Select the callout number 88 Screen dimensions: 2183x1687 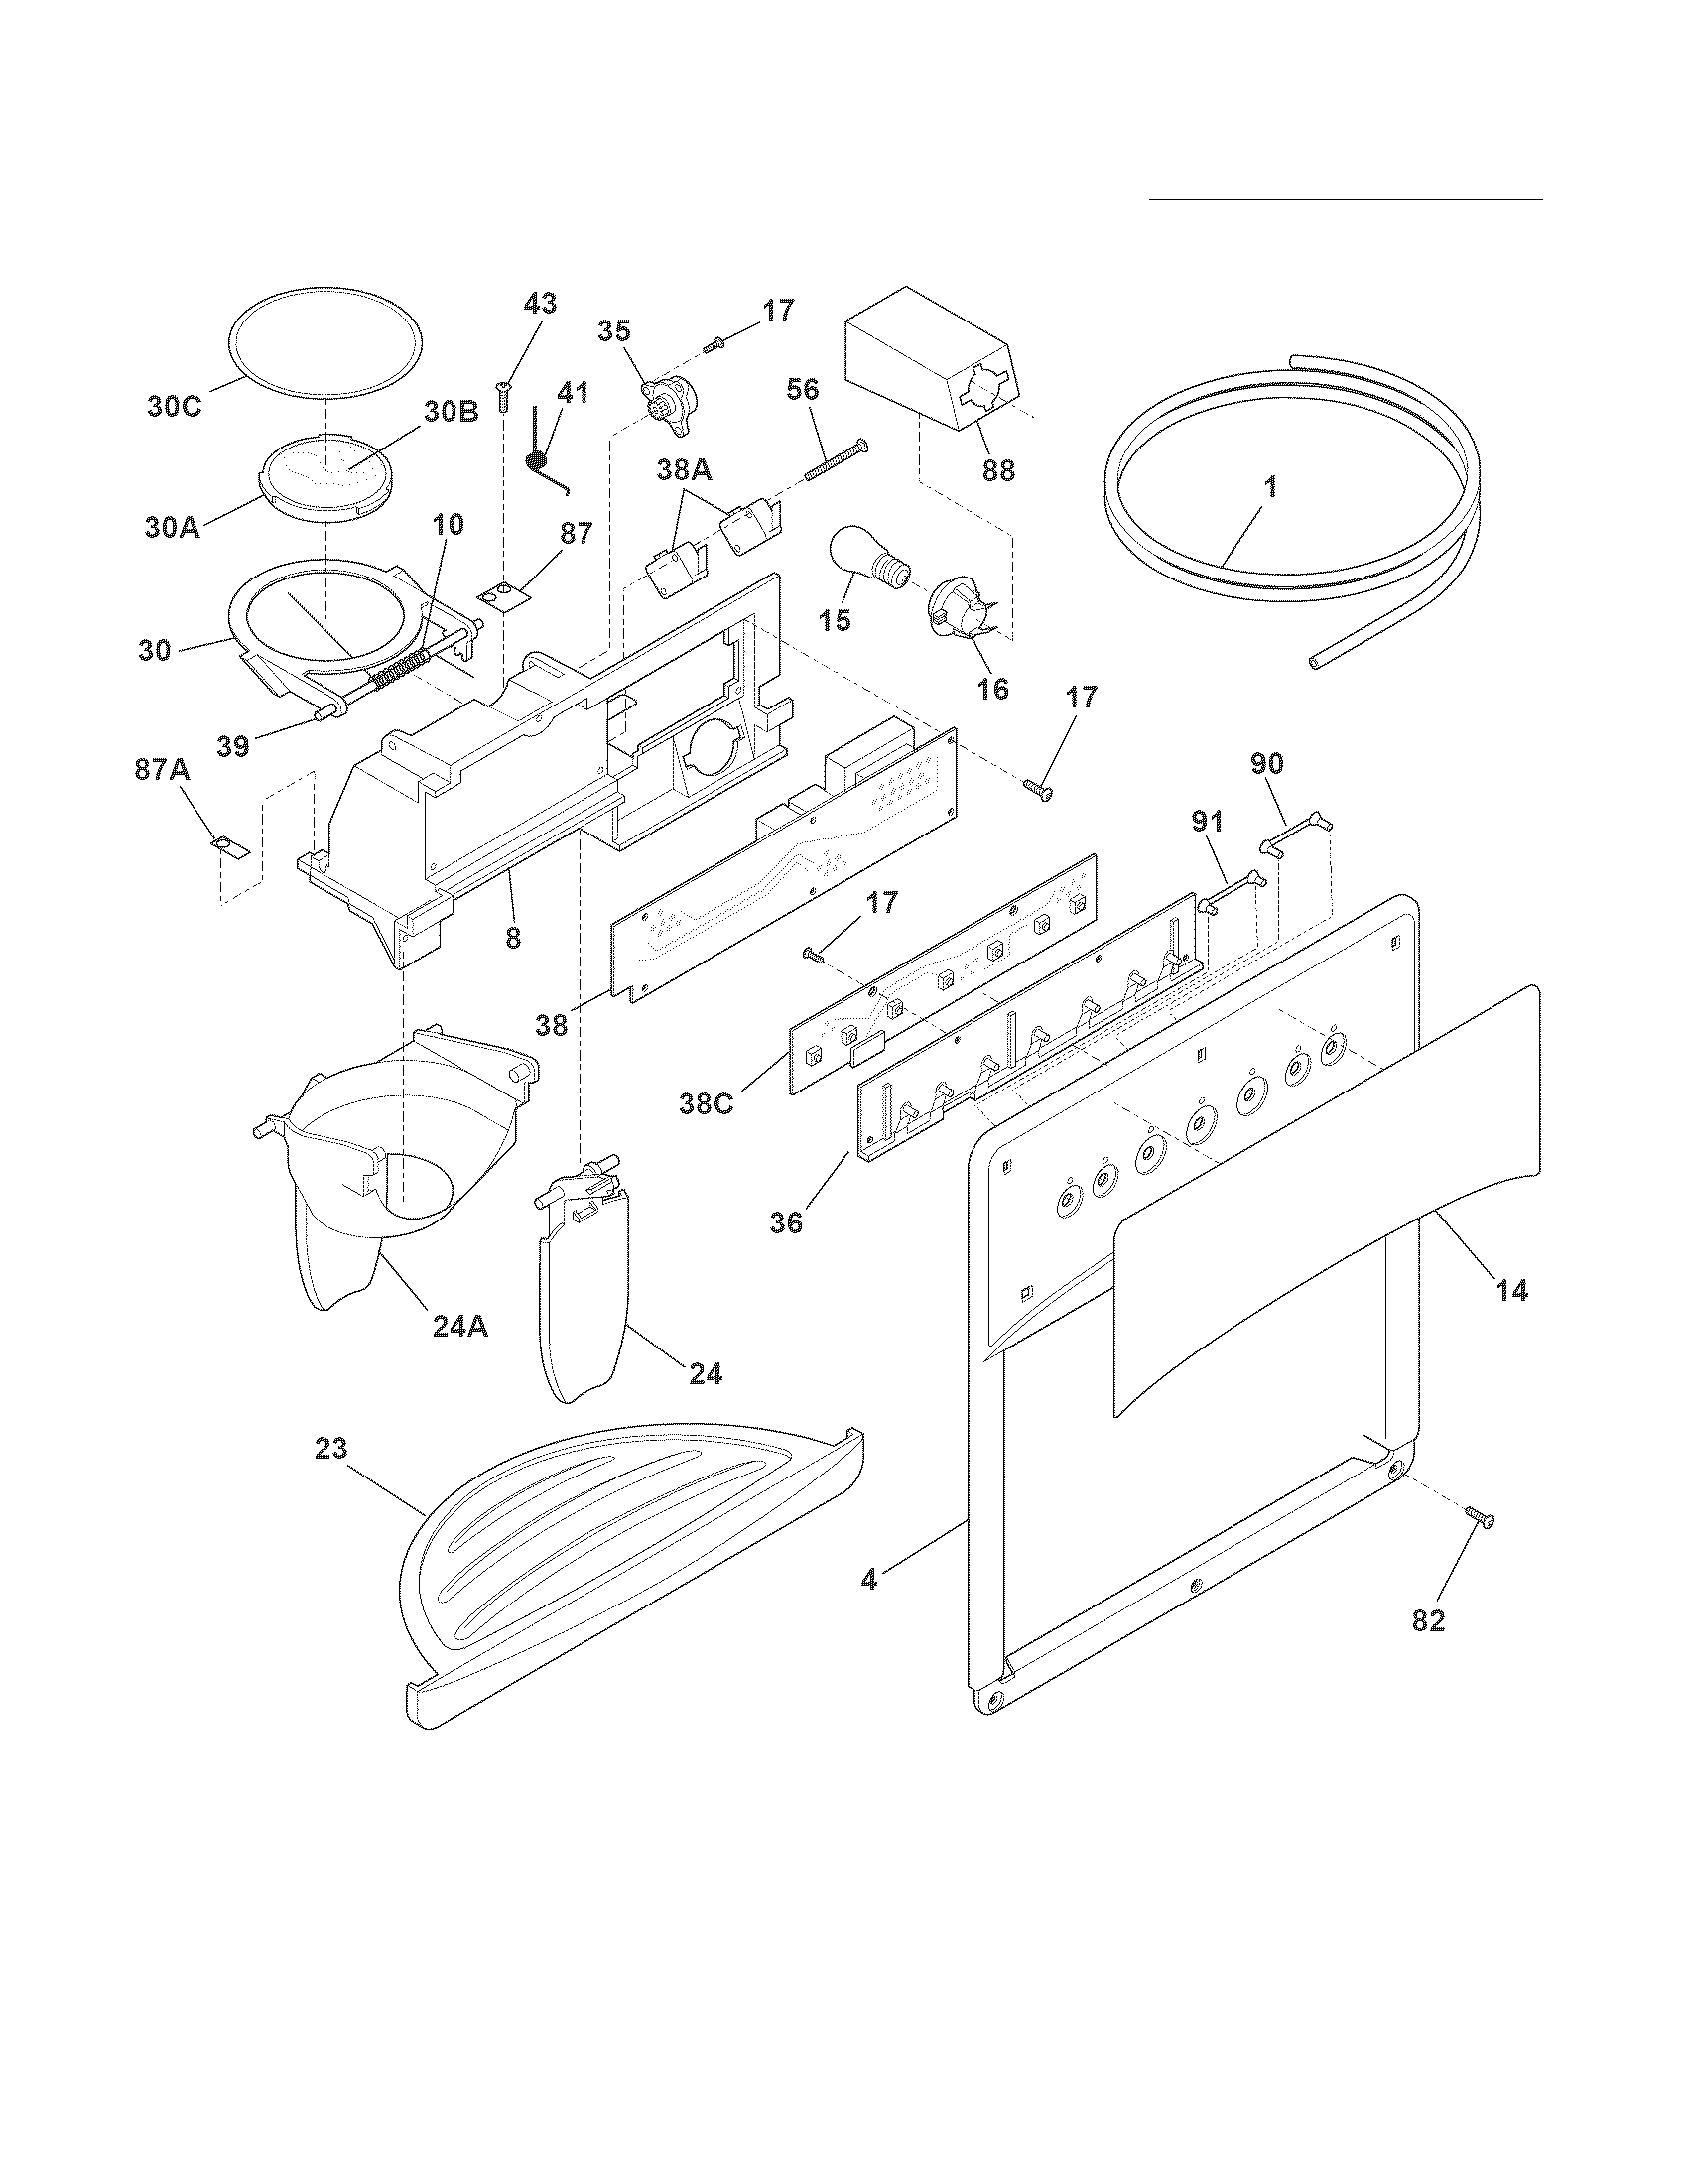997,469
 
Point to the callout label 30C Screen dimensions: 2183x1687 175,407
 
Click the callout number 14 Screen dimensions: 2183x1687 1511,1291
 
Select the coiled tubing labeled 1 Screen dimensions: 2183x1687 1289,560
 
